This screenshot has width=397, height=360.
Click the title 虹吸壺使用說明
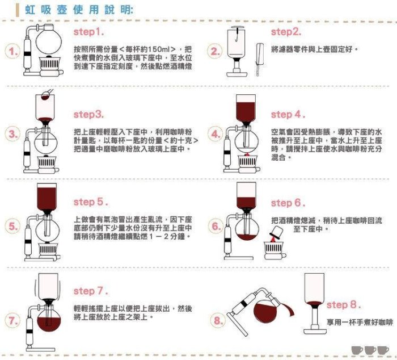coord(79,10)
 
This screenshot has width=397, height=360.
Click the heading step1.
coord(88,32)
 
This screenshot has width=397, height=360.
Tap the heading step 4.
coord(288,115)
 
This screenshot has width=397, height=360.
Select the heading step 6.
coord(288,203)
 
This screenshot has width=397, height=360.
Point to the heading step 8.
coord(344,304)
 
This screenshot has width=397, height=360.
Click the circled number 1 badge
coord(12,52)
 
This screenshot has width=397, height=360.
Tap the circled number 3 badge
coord(12,134)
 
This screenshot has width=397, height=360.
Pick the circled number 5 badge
coord(12,226)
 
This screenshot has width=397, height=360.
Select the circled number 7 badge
coord(12,320)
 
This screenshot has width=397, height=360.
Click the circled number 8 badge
coord(217,320)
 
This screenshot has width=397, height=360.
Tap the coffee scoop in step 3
coord(47,94)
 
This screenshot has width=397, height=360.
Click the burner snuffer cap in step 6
coord(276,233)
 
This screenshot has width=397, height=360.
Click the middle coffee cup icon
coord(370,350)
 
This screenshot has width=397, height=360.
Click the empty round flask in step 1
coord(49,40)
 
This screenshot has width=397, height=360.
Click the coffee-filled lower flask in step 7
coord(49,320)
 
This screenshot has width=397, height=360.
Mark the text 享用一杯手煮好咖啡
coord(360,322)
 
